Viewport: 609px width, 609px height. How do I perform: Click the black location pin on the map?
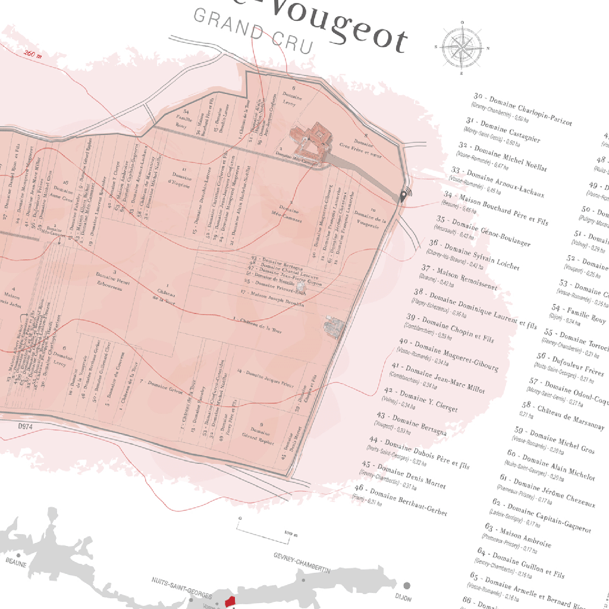(404, 196)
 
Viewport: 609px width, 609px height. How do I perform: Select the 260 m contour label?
(32, 54)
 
